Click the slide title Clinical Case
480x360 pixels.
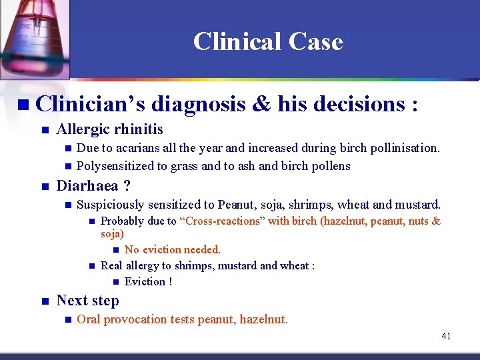pos(268,42)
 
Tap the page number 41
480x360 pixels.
pos(446,336)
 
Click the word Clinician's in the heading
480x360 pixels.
pos(91,104)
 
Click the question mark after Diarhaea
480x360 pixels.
pos(126,186)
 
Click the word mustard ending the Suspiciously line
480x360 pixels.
pos(419,205)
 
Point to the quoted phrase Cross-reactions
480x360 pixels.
pos(222,221)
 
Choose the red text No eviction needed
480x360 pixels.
pos(172,249)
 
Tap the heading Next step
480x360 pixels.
pos(87,301)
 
